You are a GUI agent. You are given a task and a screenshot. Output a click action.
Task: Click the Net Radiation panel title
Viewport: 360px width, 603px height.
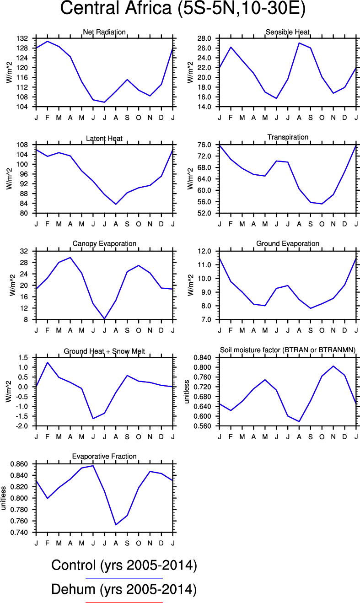click(x=104, y=32)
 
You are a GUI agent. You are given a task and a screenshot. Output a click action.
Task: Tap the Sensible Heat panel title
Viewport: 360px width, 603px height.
click(x=288, y=32)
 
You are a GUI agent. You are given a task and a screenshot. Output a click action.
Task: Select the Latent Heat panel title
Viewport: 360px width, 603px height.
click(x=104, y=138)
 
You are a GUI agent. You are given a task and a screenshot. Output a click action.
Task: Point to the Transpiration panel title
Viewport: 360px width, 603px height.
click(x=288, y=137)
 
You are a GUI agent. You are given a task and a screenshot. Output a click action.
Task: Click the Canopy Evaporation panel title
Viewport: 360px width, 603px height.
click(x=104, y=243)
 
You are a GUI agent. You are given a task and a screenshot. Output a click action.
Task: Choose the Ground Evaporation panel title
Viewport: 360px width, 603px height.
click(x=288, y=243)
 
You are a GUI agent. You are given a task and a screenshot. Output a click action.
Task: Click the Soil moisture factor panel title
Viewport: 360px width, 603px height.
click(x=288, y=350)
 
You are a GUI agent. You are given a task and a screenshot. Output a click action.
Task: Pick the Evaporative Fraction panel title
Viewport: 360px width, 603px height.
click(x=104, y=456)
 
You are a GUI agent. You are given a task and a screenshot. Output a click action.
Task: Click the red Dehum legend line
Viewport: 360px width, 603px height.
click(x=124, y=602)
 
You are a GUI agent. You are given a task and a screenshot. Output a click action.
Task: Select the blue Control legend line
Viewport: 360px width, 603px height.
click(x=124, y=578)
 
